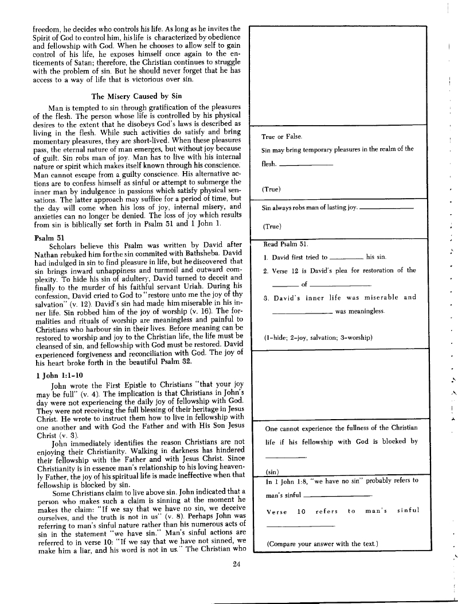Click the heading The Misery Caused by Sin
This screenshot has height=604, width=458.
click(x=136, y=96)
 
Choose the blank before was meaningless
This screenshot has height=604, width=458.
click(x=302, y=313)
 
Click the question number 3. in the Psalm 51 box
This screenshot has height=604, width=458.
click(x=266, y=298)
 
